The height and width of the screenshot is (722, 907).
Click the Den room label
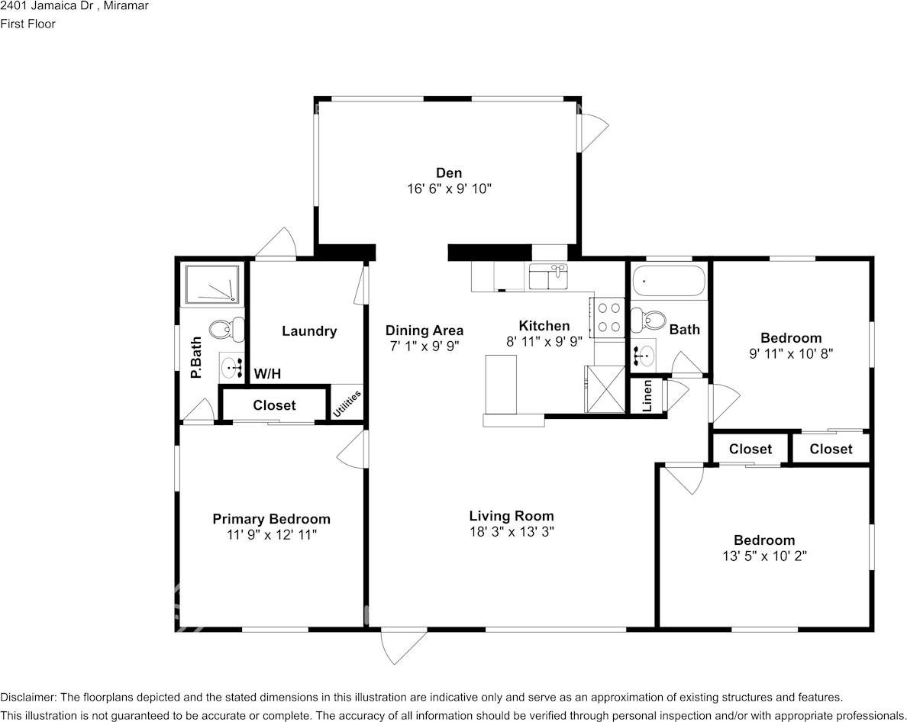click(x=449, y=172)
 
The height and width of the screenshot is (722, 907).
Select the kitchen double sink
click(x=549, y=276)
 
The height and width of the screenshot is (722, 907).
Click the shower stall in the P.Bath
click(x=211, y=285)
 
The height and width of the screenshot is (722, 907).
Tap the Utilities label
click(x=347, y=404)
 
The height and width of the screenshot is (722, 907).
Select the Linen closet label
click(x=647, y=396)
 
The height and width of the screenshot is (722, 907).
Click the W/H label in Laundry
click(x=267, y=374)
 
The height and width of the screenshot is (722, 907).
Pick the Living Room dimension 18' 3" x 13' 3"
click(x=512, y=532)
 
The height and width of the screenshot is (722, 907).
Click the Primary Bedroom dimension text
click(x=272, y=535)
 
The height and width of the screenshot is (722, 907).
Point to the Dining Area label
click(x=424, y=330)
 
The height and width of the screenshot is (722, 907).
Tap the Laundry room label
click(x=309, y=331)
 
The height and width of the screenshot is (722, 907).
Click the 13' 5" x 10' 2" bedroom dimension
click(x=765, y=556)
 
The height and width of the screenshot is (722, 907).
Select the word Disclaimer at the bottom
click(x=27, y=698)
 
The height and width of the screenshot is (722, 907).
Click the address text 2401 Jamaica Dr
click(x=43, y=6)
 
